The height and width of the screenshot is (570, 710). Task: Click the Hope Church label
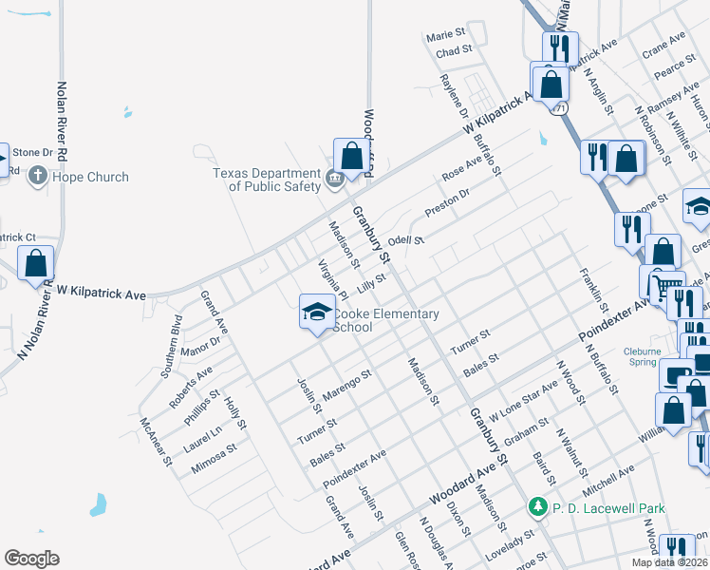[x=90, y=177]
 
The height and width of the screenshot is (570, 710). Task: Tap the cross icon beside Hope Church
[x=37, y=176]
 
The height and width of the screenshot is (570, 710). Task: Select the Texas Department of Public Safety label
[x=267, y=180]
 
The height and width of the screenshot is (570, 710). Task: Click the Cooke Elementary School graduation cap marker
[x=316, y=312]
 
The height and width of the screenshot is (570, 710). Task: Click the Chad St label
[x=454, y=51]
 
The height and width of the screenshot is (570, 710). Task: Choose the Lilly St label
[x=370, y=282]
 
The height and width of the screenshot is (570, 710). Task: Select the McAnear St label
[x=156, y=442]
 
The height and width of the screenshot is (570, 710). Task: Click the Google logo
[x=31, y=559]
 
